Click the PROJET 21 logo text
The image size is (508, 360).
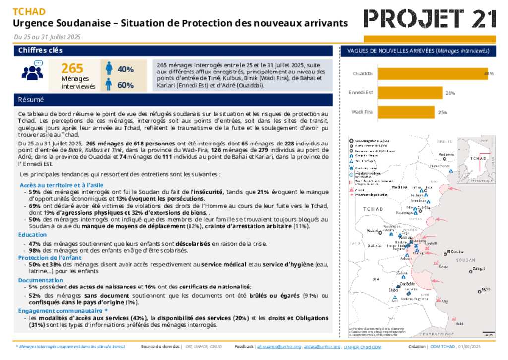pyautogui.click(x=430, y=19)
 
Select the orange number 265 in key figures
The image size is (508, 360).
pyautogui.click(x=72, y=69)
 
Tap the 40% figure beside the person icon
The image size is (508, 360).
pyautogui.click(x=126, y=69)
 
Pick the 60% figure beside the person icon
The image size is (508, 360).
pyautogui.click(x=126, y=85)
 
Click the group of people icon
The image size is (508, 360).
pyautogui.click(x=32, y=71)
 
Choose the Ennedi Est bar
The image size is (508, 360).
pyautogui.click(x=409, y=93)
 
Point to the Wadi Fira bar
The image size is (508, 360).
pyautogui.click(x=405, y=112)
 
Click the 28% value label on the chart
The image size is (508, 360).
pyautogui.click(x=450, y=93)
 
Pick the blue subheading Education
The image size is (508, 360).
pyautogui.click(x=33, y=235)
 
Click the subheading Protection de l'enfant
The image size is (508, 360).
pyautogui.click(x=50, y=258)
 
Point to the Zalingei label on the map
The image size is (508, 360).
pyautogui.click(x=479, y=269)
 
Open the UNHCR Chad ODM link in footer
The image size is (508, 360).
pyautogui.click(x=362, y=347)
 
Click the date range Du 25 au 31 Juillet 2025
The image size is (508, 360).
pyautogui.click(x=47, y=37)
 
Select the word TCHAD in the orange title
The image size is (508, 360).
pyautogui.click(x=29, y=12)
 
